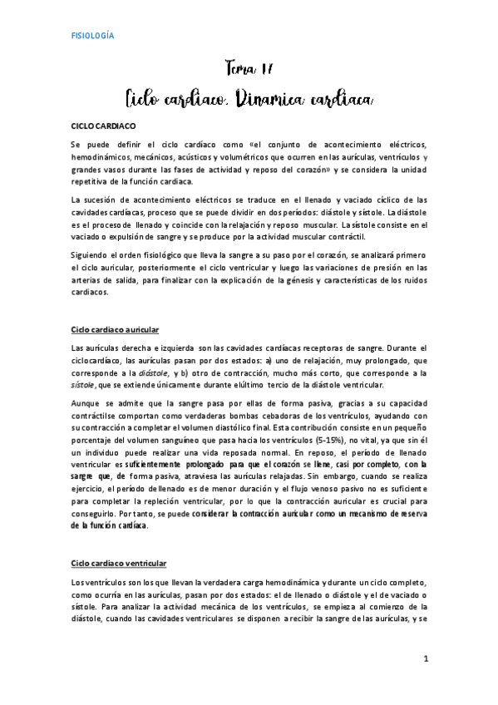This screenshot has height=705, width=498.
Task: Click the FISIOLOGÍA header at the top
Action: coord(92,36)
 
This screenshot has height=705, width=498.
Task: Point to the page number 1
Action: coord(424,659)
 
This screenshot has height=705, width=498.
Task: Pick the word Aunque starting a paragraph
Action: coord(86,403)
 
